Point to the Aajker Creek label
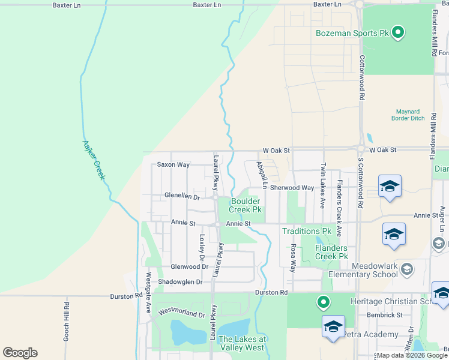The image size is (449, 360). coord(93,160)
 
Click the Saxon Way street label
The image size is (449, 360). coord(173,164)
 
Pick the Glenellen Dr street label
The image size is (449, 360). coord(182,196)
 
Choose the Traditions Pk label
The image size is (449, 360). coord(307,231)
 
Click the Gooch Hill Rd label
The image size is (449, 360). coord(66,322)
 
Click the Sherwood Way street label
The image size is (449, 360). coord(292,188)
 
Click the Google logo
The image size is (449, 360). coord(20,353)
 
